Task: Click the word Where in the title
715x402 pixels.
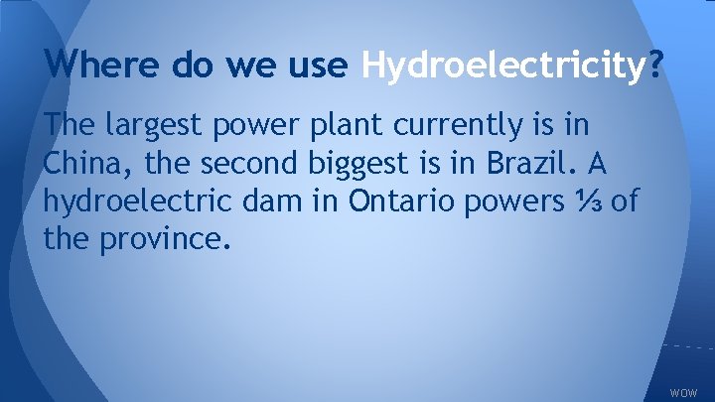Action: click(91, 67)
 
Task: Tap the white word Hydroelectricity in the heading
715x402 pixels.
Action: click(503, 67)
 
